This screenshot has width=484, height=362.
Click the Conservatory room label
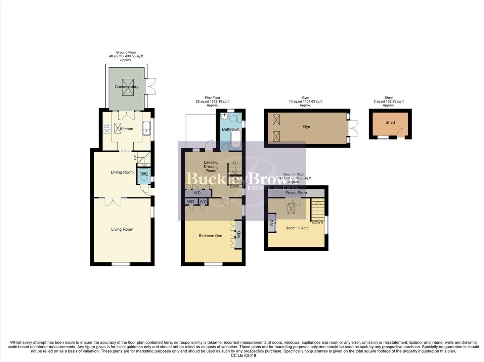pyautogui.click(x=126, y=87)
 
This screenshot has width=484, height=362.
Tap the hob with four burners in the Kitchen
pyautogui.click(x=107, y=129)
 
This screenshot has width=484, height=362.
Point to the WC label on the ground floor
pyautogui.click(x=144, y=175)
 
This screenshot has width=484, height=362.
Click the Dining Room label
pyautogui.click(x=122, y=172)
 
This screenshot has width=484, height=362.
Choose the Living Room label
pyautogui.click(x=122, y=229)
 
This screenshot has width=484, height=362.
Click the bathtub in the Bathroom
pyautogui.click(x=236, y=139)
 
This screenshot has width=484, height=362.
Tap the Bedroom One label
pyautogui.click(x=210, y=236)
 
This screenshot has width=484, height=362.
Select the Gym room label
pyautogui.click(x=307, y=127)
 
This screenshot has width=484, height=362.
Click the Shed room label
pyautogui.click(x=390, y=122)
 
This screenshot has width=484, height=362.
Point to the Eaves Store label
pyautogui.click(x=296, y=193)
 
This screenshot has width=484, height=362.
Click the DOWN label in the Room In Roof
pyautogui.click(x=317, y=223)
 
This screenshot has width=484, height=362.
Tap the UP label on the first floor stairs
pyautogui.click(x=235, y=163)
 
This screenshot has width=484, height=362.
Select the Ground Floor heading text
pyautogui.click(x=126, y=53)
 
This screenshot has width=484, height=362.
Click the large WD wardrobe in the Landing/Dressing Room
pyautogui.click(x=197, y=193)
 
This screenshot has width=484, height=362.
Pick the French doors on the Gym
pyautogui.click(x=354, y=128)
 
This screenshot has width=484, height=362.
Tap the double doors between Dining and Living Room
pyautogui.click(x=113, y=201)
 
